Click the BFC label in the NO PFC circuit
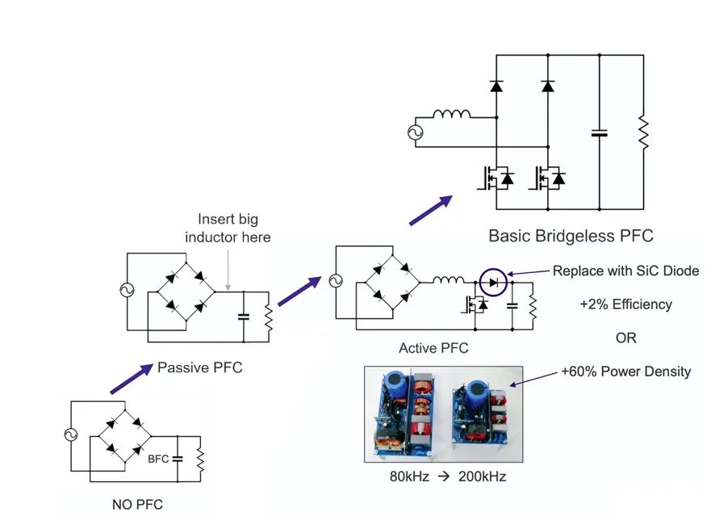(158, 459)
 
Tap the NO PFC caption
(137, 505)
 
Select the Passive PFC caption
(199, 367)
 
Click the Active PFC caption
(433, 348)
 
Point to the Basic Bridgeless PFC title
(571, 236)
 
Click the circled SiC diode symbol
(493, 283)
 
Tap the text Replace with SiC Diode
(625, 271)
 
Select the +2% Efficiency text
(626, 304)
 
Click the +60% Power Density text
(626, 371)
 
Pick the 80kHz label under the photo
(409, 476)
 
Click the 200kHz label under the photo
(482, 476)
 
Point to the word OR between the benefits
(626, 338)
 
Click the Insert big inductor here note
(228, 228)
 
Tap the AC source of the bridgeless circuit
(416, 132)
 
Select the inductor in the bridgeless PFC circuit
(451, 114)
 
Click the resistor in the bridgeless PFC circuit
(643, 132)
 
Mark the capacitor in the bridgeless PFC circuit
(599, 133)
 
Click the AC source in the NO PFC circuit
(71, 434)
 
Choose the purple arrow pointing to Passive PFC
(132, 379)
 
